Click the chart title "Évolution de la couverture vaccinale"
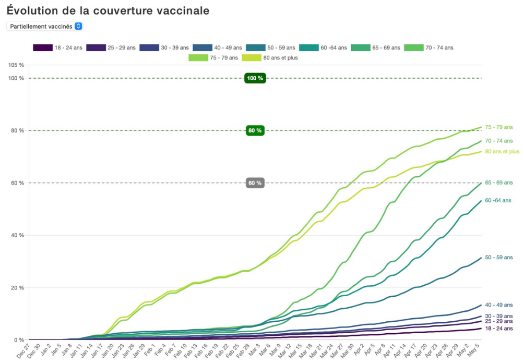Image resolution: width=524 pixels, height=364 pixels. (108, 11)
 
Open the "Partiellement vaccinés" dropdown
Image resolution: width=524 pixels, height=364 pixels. (45, 26)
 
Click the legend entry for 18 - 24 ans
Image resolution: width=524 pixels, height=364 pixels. (58, 47)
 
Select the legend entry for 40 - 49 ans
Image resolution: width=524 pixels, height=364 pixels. (217, 47)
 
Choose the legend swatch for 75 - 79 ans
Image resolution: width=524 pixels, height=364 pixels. (198, 57)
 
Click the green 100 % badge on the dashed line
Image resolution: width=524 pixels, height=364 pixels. (255, 78)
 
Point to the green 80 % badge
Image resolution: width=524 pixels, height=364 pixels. (255, 130)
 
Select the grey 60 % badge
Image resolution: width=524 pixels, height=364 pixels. (255, 183)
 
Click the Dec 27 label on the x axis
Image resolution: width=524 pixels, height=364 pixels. (23, 350)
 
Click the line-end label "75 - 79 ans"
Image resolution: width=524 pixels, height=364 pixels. (498, 127)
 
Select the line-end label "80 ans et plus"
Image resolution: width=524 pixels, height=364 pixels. (502, 151)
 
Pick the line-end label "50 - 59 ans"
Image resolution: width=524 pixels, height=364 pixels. (498, 257)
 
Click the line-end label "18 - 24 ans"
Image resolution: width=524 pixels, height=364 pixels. (498, 329)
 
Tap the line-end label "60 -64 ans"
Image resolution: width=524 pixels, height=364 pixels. (498, 200)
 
